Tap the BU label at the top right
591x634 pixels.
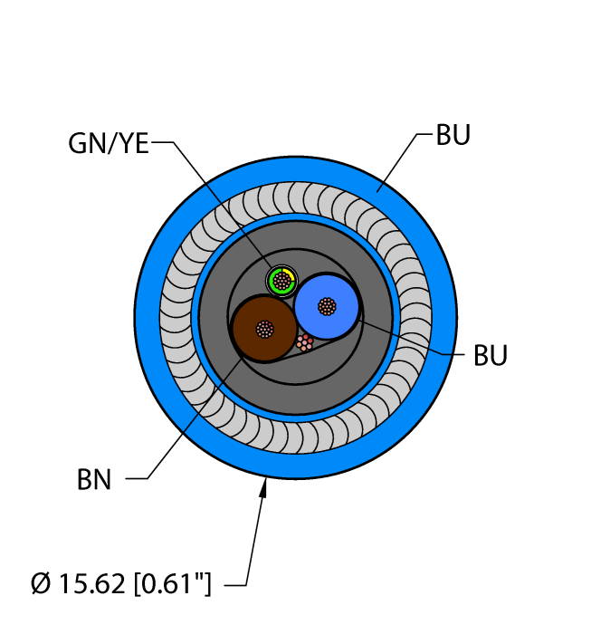(453, 136)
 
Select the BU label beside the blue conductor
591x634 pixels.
(490, 355)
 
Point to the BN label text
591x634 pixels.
(94, 480)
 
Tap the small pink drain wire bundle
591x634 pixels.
(305, 343)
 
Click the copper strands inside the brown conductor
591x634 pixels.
(264, 328)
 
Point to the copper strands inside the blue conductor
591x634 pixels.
(327, 306)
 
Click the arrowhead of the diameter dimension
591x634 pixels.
(265, 489)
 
